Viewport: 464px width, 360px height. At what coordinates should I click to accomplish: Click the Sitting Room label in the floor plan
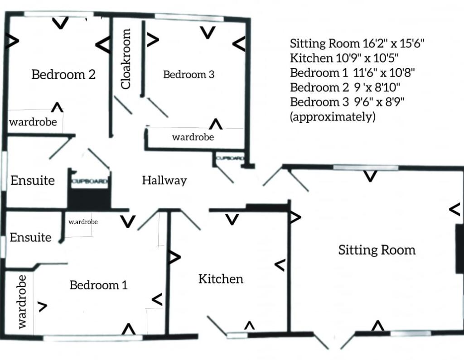[377, 250]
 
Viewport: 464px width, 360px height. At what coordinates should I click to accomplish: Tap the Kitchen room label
[221, 279]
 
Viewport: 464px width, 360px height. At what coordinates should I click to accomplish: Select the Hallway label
[164, 181]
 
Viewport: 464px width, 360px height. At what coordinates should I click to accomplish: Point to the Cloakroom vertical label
[126, 59]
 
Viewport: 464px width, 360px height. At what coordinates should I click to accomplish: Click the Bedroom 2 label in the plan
[63, 75]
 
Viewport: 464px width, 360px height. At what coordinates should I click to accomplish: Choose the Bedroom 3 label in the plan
[188, 75]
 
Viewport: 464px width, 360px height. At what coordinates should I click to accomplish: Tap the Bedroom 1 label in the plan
[98, 285]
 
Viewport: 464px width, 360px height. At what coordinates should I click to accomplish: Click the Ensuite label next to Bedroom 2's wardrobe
[33, 181]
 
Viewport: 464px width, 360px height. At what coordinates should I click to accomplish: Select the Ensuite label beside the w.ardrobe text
[30, 237]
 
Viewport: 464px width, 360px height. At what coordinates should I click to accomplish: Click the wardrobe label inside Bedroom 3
[193, 137]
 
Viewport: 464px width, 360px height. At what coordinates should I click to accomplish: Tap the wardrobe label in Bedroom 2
[33, 122]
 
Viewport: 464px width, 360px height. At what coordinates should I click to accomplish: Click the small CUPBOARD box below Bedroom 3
[230, 158]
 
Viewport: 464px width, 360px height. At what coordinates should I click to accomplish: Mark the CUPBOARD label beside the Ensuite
[89, 182]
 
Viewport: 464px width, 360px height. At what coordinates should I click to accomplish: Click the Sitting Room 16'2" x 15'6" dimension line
[357, 44]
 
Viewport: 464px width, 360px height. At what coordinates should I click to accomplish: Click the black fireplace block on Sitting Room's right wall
[459, 249]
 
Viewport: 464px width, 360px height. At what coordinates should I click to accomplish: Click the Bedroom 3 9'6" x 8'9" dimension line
[347, 102]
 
